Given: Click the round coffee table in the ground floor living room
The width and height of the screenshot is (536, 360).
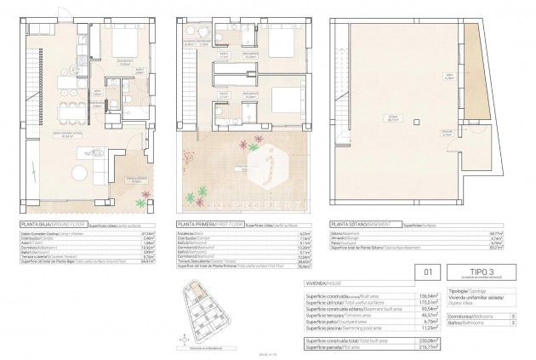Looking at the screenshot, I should click(x=79, y=173).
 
